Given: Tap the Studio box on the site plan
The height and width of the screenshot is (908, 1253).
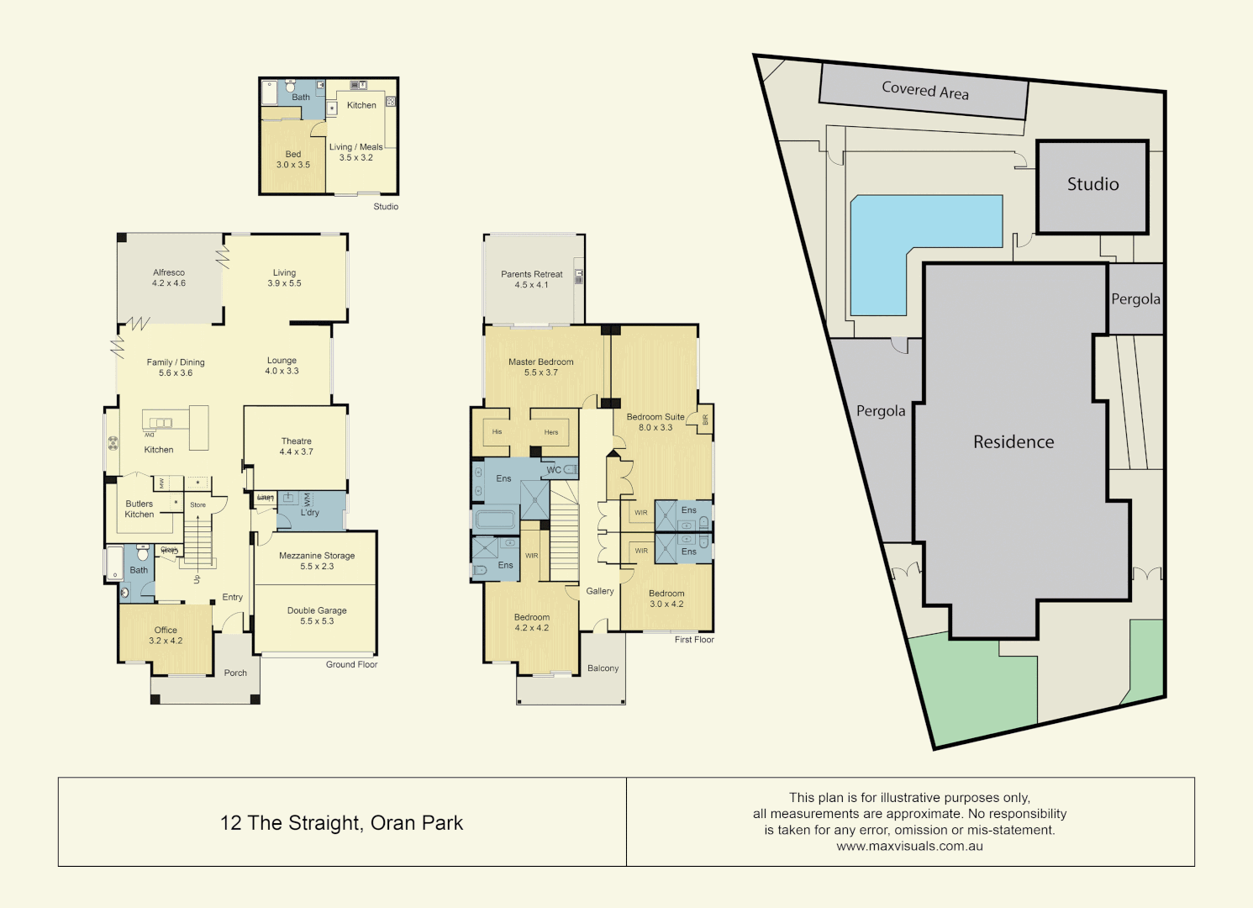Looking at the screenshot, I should click(x=1092, y=185).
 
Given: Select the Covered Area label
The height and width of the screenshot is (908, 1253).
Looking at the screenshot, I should click(x=924, y=90).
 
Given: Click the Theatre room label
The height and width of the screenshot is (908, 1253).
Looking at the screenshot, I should click(x=296, y=441).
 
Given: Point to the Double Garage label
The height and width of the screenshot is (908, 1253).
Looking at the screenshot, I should click(x=317, y=611).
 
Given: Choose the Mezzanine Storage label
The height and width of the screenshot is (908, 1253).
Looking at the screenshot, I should click(x=317, y=556).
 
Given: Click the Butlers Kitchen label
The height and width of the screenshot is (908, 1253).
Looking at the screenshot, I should click(x=140, y=509).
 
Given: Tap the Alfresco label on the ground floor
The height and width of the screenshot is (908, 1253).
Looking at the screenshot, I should click(x=169, y=273).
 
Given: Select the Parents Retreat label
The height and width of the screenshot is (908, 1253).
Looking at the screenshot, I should click(x=532, y=274).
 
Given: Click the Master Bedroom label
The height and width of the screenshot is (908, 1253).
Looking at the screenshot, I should click(x=541, y=362).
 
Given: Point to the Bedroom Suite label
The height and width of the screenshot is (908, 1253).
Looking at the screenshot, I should click(x=655, y=417).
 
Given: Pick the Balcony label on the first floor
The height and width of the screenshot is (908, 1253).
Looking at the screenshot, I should click(x=603, y=668).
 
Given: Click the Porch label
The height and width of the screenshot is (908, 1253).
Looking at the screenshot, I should click(x=235, y=673).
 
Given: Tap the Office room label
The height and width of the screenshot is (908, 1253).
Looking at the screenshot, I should click(x=166, y=631).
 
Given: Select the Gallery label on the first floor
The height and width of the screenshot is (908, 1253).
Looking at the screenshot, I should click(x=600, y=591).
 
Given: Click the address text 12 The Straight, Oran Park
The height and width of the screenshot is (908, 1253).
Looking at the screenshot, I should click(x=341, y=823).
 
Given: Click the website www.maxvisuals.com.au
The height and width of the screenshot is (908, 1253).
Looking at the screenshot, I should click(x=909, y=847).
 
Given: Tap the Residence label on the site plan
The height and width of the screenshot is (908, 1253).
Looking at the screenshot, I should click(x=1013, y=442).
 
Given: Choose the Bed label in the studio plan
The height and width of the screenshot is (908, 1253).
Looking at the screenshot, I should click(x=293, y=155).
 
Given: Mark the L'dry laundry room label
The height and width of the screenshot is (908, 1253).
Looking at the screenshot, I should click(x=310, y=513).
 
